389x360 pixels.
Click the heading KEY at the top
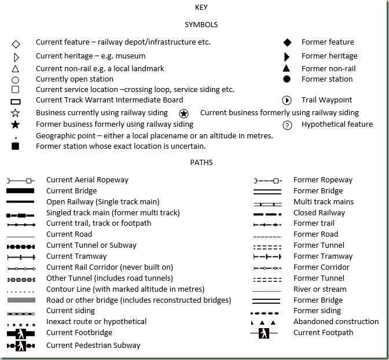click(x=201, y=8)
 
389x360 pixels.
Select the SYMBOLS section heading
click(x=201, y=25)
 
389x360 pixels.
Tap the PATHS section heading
click(x=201, y=162)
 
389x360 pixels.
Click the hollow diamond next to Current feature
click(x=16, y=44)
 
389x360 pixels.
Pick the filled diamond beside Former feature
click(x=287, y=42)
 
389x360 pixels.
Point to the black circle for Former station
click(x=287, y=79)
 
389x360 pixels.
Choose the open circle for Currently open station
click(x=16, y=80)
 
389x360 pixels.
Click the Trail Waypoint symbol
click(x=287, y=100)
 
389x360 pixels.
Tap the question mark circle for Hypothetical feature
click(x=287, y=125)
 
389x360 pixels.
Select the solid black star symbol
click(x=16, y=124)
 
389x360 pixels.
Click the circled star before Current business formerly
click(x=184, y=113)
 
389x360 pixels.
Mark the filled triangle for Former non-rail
click(x=287, y=68)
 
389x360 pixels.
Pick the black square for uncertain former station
click(x=16, y=146)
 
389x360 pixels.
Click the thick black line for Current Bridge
click(x=20, y=191)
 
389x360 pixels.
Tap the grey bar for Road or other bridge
click(x=20, y=300)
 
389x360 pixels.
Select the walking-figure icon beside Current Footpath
click(x=264, y=333)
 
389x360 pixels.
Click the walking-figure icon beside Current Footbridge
click(x=20, y=333)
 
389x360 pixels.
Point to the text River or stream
click(x=320, y=289)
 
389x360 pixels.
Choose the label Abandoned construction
click(x=336, y=321)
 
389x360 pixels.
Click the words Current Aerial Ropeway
click(x=87, y=180)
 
